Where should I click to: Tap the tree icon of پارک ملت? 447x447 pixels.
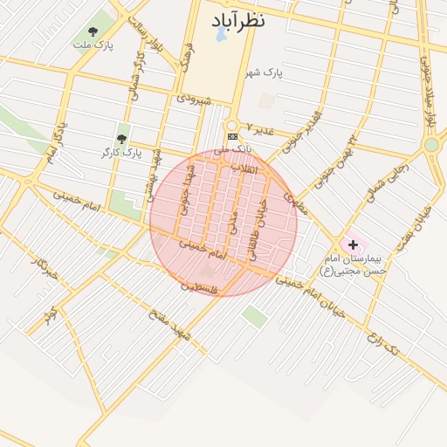point(93,32)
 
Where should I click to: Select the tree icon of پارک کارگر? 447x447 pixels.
point(121,139)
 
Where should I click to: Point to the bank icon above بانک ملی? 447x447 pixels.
point(232,137)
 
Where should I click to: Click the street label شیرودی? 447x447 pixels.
point(194,100)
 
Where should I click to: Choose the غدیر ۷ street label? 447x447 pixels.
point(261,129)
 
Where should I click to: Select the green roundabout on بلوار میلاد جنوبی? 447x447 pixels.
point(430,144)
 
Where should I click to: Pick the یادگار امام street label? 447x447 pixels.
point(53,145)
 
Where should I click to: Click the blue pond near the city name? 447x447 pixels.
point(221,38)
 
